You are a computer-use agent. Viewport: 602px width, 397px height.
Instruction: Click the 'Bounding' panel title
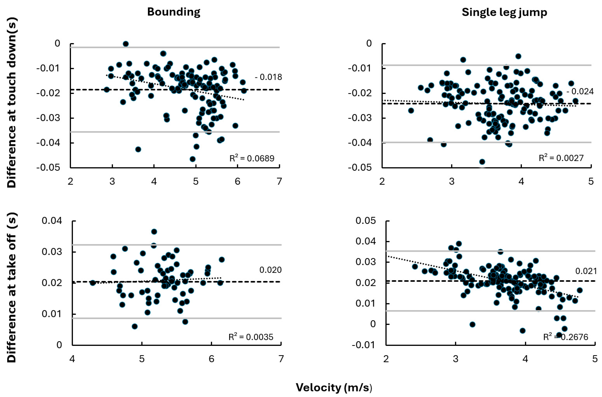(174, 12)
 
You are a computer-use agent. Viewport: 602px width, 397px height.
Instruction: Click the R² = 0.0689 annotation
(252, 158)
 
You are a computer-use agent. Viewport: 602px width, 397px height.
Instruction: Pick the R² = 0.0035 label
(251, 337)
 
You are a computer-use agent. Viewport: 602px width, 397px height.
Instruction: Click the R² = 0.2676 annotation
(566, 337)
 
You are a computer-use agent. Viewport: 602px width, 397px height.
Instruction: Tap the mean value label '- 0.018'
(268, 77)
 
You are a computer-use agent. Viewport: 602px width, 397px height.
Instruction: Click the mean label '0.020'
(270, 270)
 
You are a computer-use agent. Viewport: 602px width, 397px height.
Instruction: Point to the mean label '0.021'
(586, 271)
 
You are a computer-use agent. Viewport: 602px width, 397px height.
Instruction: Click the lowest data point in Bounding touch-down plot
(193, 159)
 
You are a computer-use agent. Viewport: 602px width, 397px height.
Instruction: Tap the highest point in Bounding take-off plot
(154, 232)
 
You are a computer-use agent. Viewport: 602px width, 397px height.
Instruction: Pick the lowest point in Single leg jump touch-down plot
(482, 162)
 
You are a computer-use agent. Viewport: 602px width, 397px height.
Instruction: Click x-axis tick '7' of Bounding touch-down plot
(279, 181)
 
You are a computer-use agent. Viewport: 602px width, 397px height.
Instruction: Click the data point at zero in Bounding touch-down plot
(126, 44)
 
